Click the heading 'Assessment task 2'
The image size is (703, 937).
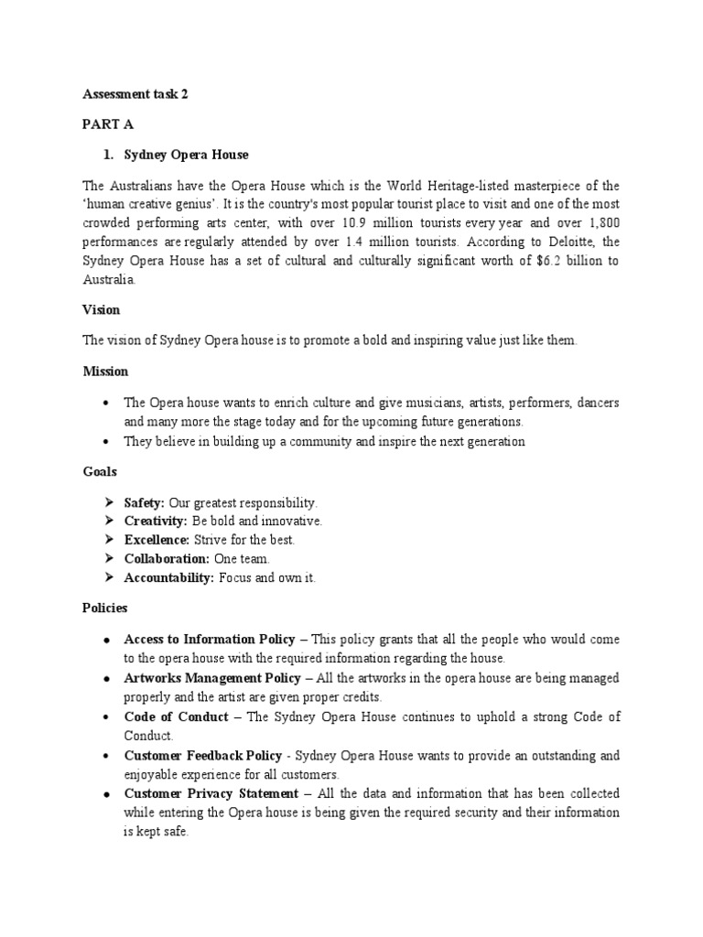coord(135,93)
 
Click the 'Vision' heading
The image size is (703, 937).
coord(102,310)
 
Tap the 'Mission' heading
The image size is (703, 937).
coord(106,372)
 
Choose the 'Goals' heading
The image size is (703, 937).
coord(100,471)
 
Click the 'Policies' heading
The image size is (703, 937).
coord(105,608)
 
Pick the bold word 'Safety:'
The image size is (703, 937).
coord(145,503)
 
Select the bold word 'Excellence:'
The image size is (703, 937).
coord(157,540)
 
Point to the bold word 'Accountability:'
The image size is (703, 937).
coord(168,577)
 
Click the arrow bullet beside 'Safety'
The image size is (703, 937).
coord(108,503)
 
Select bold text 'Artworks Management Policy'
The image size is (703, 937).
coord(211,678)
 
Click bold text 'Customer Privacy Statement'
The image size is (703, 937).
coord(211,793)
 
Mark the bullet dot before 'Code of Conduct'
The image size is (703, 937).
coord(108,717)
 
